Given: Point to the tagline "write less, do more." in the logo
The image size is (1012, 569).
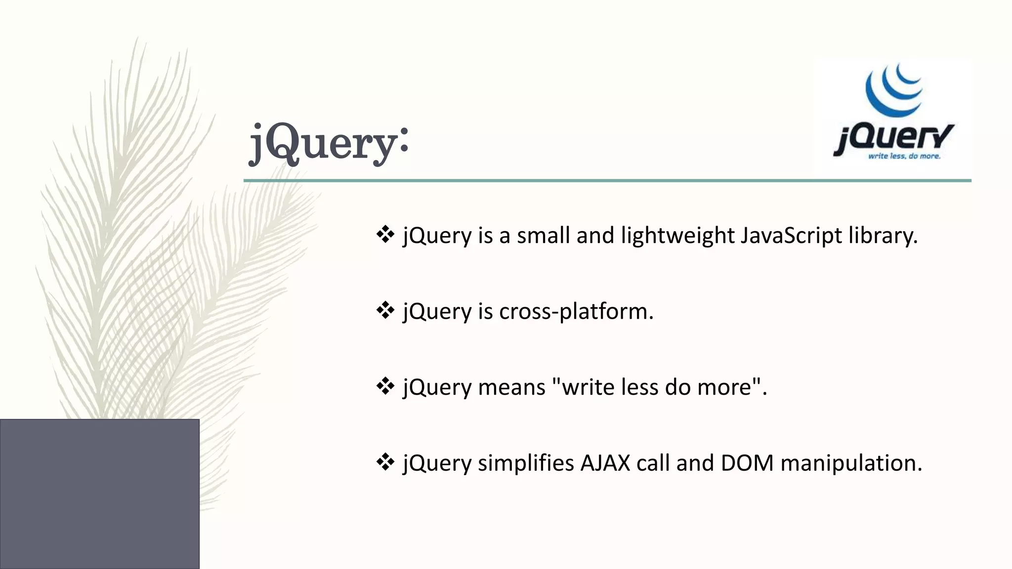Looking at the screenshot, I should (904, 156).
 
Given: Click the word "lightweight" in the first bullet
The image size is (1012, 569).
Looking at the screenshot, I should (677, 236).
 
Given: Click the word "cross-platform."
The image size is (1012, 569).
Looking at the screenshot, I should (576, 312).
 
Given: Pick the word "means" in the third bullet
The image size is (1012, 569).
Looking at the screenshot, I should (511, 387).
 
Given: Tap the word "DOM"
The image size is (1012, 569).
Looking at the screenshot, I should (747, 463).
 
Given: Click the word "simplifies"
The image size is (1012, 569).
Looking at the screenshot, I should (525, 463).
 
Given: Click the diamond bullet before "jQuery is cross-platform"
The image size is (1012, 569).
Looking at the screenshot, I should (385, 311).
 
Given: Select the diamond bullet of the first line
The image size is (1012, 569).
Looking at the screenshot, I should (385, 235).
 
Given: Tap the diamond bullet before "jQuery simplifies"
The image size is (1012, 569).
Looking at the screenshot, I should (385, 463).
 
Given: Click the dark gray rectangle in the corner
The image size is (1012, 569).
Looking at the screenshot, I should (99, 494).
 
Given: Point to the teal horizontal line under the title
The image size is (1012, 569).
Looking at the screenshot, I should (607, 181).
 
